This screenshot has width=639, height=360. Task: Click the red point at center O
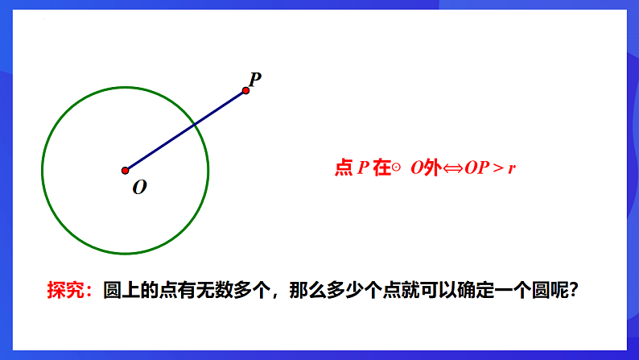[125, 171]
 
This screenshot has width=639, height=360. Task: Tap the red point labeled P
[245, 90]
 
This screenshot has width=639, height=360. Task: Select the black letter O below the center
[139, 188]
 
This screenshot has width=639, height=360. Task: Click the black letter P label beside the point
[254, 78]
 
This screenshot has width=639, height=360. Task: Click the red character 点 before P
[344, 168]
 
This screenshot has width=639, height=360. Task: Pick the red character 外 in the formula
[432, 168]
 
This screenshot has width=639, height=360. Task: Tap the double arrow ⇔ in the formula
[451, 168]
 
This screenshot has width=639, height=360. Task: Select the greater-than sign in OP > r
[497, 168]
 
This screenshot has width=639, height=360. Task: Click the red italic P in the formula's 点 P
[364, 168]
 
